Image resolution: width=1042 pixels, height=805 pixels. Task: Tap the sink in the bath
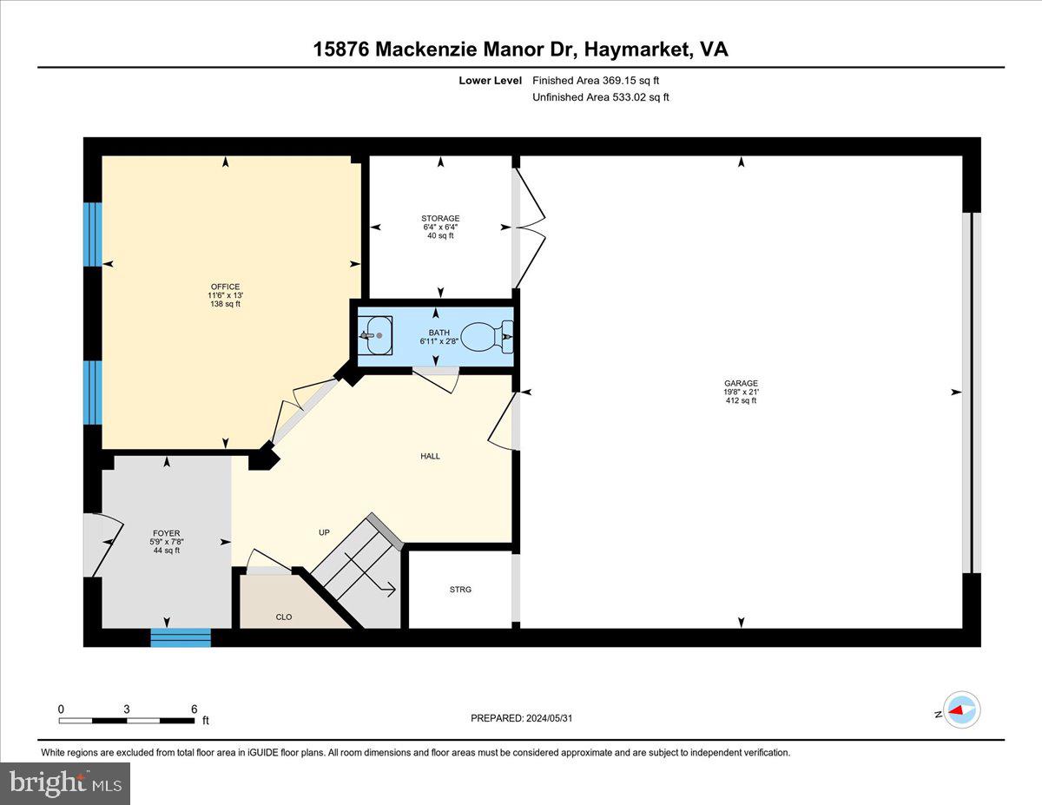[x=375, y=335]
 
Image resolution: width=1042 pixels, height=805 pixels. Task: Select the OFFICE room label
[x=225, y=295]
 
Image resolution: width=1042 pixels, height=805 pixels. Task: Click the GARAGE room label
[x=741, y=392]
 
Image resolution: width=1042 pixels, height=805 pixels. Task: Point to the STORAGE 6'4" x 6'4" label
[x=440, y=227]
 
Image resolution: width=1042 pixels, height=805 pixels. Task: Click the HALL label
[x=430, y=456]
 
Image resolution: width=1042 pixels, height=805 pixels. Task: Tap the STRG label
[x=460, y=590]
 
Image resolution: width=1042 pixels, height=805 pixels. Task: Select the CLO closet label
[x=284, y=617]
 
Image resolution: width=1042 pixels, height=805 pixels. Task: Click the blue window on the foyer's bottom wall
[x=181, y=637]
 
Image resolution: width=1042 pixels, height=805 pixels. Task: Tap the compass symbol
[x=961, y=709]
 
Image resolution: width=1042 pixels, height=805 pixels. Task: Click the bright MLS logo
[x=65, y=783]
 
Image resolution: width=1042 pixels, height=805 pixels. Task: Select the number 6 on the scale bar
[x=194, y=709]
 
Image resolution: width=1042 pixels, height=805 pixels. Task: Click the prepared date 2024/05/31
[x=522, y=718]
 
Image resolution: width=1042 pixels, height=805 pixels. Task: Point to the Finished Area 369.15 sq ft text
[x=601, y=80]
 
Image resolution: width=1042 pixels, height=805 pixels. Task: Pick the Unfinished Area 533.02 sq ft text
[x=600, y=97]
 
